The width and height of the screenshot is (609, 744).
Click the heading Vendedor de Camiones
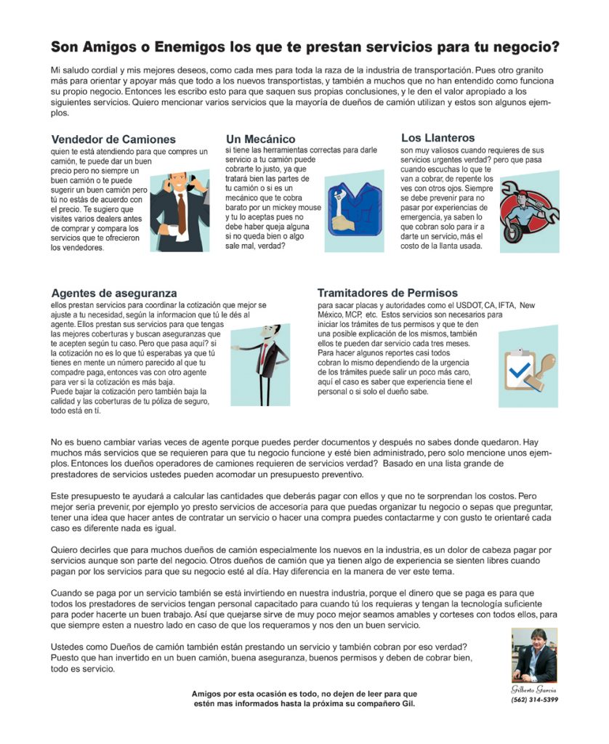point(113,139)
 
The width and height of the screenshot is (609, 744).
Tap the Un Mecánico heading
point(260,139)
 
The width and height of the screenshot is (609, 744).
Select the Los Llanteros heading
point(437,137)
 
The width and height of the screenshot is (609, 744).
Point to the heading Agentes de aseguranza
point(114,293)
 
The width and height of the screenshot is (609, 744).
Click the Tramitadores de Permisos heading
point(387,293)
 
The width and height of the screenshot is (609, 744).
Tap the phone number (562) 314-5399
point(534,700)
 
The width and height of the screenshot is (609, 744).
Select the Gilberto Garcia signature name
point(534,687)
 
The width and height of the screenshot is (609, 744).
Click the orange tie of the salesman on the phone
point(182,211)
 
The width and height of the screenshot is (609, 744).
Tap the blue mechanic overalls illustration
point(346,209)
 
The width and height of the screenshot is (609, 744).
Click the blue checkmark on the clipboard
point(520,371)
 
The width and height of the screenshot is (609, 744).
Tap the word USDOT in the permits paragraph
point(429,306)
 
